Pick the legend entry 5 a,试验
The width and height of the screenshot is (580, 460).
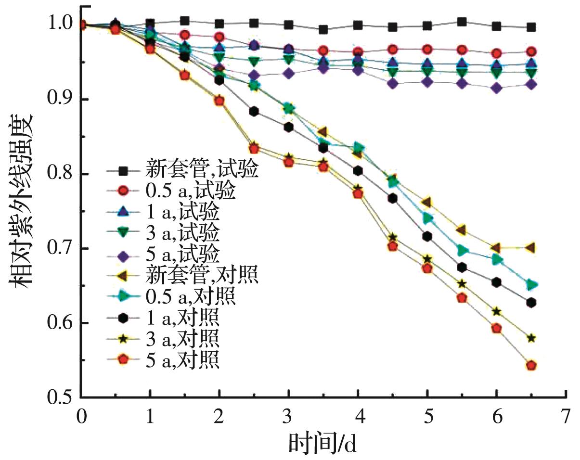183,253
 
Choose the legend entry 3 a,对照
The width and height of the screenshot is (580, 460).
183,339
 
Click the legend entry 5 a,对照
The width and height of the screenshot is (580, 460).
183,359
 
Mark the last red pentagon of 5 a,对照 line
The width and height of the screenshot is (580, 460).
531,366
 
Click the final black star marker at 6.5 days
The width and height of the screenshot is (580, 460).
531,338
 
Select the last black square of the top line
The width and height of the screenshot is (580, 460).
531,27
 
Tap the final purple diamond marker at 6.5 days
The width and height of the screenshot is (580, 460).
531,85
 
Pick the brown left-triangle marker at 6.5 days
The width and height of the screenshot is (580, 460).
531,248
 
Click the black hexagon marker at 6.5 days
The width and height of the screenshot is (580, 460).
531,303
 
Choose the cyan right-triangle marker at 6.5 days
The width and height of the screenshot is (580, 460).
531,285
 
